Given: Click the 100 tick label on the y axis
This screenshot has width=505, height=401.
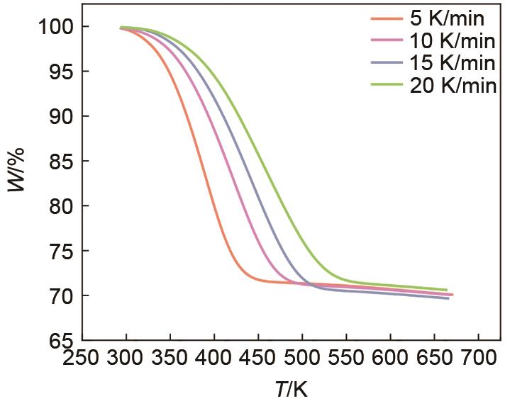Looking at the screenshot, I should [53, 27].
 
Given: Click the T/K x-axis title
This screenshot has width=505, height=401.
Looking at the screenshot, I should [291, 388].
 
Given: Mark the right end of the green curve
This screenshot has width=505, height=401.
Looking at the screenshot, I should [447, 290].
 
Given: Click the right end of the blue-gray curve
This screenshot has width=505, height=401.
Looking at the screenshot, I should [448, 298].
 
